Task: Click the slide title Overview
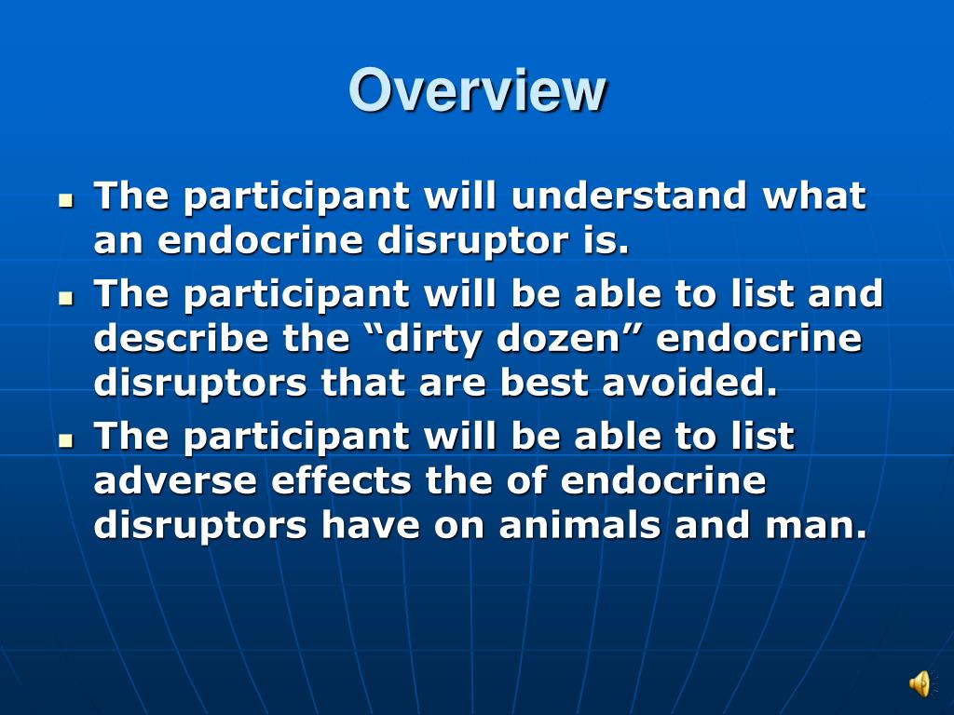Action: (x=477, y=91)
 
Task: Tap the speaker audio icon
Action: (x=919, y=684)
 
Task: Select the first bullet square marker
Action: (x=65, y=200)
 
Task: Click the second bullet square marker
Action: (x=65, y=298)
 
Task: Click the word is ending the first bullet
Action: (x=610, y=242)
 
